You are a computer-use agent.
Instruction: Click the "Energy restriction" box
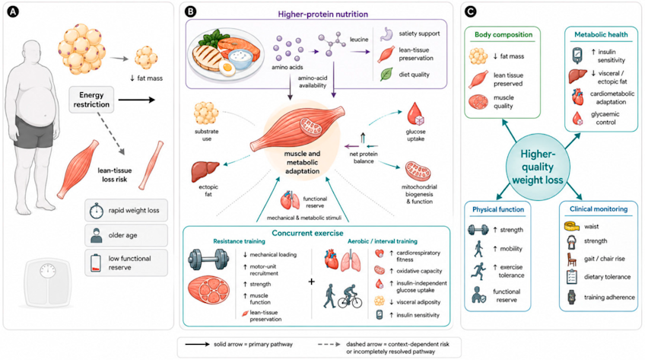(x=91, y=100)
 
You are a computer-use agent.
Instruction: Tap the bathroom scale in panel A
(x=48, y=282)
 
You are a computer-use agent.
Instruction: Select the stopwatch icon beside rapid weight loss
(x=97, y=210)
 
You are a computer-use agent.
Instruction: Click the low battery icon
(x=95, y=263)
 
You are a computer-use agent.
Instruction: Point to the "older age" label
(x=122, y=235)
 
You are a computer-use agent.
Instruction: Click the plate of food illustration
(x=225, y=53)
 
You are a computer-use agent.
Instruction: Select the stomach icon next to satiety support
(x=386, y=34)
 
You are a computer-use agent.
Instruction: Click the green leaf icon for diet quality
(x=386, y=75)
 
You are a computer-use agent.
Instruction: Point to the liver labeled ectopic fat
(x=205, y=170)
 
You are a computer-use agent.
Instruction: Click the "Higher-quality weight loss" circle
(x=538, y=167)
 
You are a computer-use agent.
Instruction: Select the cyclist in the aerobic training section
(x=350, y=296)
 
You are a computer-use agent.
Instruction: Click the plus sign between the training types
(x=311, y=282)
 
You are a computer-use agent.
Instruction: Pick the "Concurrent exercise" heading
(x=307, y=234)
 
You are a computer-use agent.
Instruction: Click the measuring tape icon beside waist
(x=572, y=226)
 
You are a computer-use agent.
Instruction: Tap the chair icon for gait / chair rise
(x=572, y=260)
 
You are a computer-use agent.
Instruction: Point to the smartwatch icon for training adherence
(x=571, y=297)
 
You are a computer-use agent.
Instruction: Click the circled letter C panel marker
(x=471, y=11)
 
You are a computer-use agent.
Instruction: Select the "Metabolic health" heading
(x=601, y=35)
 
